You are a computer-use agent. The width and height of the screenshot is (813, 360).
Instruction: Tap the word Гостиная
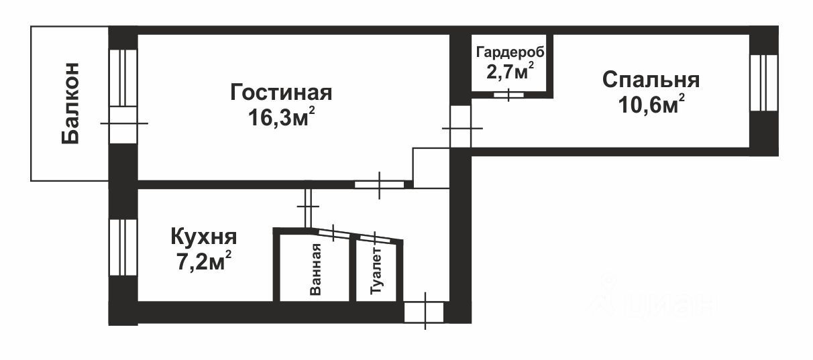pos(281,93)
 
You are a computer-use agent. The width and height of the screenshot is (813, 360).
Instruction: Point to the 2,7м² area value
pos(510,72)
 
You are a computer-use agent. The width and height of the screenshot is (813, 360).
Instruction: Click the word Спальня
pos(651,80)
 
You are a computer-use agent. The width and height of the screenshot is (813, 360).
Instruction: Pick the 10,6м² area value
pos(651,105)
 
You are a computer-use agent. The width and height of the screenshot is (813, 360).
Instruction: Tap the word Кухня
pos(204,237)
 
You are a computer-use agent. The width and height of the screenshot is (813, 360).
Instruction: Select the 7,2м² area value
pos(204,261)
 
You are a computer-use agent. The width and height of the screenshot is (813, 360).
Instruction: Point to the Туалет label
pos(377,272)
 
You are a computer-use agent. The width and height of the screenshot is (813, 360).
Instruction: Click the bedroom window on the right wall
pos(763,82)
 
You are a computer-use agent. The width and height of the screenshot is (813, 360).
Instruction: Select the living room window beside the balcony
pos(123,77)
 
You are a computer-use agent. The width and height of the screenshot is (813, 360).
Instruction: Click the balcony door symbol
pos(123,123)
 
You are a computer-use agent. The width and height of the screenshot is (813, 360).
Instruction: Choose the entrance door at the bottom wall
pos(424,312)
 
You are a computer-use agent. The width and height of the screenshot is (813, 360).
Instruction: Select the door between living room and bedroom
pos(460,127)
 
